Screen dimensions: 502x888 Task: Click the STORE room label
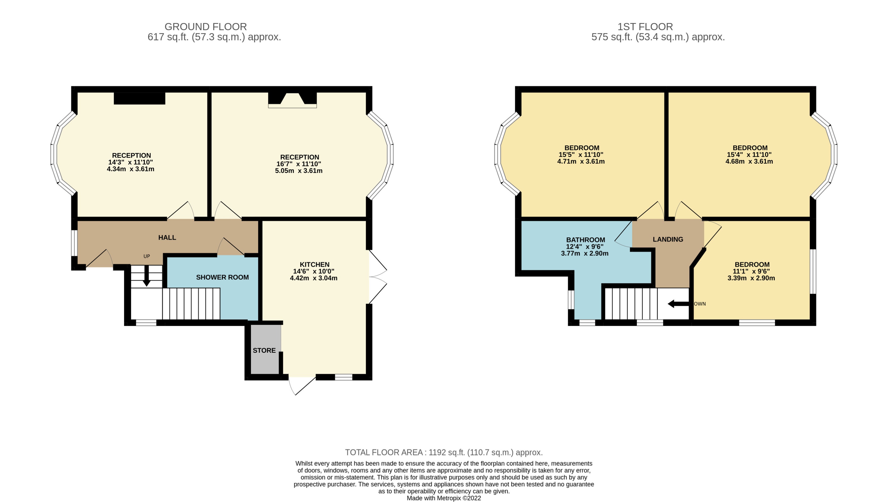[x=264, y=350]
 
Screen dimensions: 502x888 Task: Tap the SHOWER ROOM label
[x=222, y=277]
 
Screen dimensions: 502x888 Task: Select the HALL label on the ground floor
[x=167, y=238]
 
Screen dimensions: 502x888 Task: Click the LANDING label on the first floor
[x=668, y=239]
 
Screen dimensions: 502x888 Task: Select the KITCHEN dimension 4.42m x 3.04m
[x=314, y=278]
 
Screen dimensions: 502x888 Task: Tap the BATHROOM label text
[x=585, y=240]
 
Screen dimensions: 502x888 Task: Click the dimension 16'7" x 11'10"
[x=299, y=164]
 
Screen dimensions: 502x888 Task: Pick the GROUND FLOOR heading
[x=206, y=27]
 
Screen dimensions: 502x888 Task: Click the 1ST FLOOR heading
[x=645, y=27]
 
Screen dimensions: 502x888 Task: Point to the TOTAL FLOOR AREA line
[x=444, y=452]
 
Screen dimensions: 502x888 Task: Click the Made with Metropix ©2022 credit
[x=444, y=498]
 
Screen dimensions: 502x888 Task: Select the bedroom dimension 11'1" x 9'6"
[x=751, y=271]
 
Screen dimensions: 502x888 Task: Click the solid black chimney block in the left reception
[x=139, y=98]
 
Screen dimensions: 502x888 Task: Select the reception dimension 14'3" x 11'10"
[x=130, y=162]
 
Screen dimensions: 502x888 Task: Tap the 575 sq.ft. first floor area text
[x=658, y=37]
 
